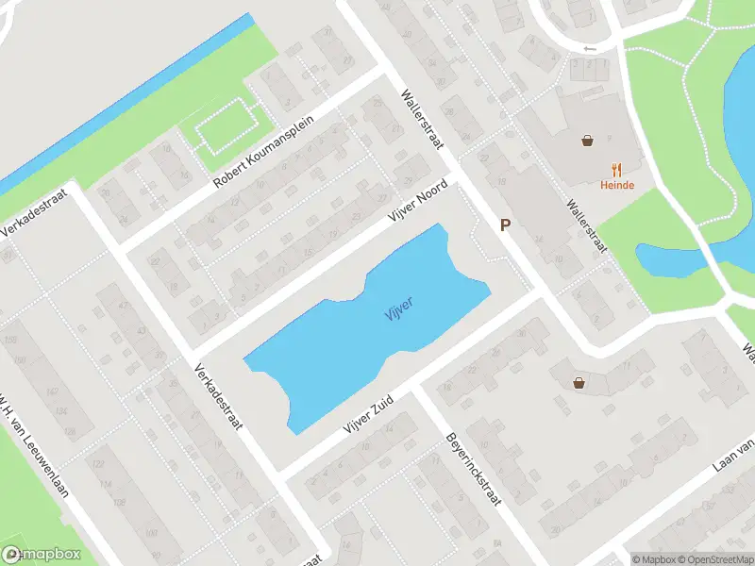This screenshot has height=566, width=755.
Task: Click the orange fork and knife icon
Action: tap(617, 169)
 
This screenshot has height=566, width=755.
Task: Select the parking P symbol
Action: tap(506, 225)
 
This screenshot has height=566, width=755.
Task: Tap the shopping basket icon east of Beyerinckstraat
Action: tap(578, 382)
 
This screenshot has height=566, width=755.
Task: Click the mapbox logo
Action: tap(42, 555)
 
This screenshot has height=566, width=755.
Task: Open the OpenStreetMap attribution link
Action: tap(713, 559)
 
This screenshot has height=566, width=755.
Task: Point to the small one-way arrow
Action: tap(591, 48)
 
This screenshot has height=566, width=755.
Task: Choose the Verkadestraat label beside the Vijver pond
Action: tap(218, 397)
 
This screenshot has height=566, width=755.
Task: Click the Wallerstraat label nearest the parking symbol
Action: tap(585, 224)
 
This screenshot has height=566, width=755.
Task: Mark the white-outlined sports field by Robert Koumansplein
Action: tap(226, 126)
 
